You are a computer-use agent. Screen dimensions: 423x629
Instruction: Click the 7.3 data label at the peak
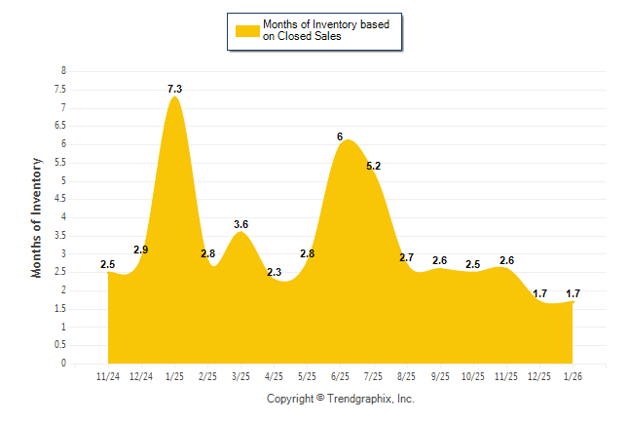pos(174,89)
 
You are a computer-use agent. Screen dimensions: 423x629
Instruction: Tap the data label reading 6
pos(340,136)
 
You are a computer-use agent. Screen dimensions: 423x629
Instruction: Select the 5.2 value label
pos(373,167)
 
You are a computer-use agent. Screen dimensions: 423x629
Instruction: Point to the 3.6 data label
pos(240,225)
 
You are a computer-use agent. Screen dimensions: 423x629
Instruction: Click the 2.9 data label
pos(141,250)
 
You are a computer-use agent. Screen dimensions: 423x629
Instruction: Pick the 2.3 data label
pos(274,273)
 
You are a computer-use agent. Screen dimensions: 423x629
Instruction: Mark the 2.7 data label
pos(406,258)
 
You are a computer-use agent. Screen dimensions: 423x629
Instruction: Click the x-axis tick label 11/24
pos(108,376)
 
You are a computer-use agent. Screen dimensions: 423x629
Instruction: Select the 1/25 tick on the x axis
pos(174,376)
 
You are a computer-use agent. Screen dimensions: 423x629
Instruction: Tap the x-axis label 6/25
pos(340,376)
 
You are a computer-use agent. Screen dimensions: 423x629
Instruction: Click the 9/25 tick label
pos(439,376)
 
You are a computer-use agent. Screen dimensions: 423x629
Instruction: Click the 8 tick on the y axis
pos(64,71)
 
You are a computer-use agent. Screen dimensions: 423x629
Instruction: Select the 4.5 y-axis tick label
pos(60,199)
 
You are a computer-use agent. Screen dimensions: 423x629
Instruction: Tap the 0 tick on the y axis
pos(64,364)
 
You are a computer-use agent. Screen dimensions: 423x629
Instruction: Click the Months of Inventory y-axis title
pos(37,217)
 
